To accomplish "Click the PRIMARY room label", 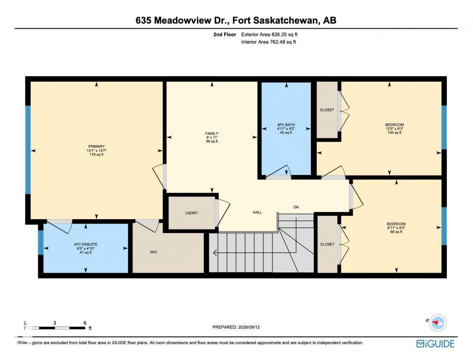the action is (96, 146).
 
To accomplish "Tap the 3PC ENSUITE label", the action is (86, 244).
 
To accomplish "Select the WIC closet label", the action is (153, 252).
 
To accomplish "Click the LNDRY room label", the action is (192, 213).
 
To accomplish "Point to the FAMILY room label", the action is (212, 133).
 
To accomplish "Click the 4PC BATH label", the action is (286, 125).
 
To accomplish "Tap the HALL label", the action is (257, 212).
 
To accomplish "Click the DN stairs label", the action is (296, 207).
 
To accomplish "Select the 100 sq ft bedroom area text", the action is (394, 133).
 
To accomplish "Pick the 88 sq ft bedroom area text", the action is (396, 232).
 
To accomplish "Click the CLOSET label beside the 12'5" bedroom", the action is (327, 110).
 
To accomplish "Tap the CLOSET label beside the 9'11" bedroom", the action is (327, 244).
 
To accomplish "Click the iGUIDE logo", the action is (435, 344).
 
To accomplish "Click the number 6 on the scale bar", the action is (85, 322).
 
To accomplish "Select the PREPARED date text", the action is (236, 327).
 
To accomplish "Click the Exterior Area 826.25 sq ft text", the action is (269, 35).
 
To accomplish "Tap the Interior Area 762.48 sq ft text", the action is (269, 42).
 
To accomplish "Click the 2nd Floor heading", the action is (225, 35).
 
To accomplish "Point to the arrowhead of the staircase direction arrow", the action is (214, 253).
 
